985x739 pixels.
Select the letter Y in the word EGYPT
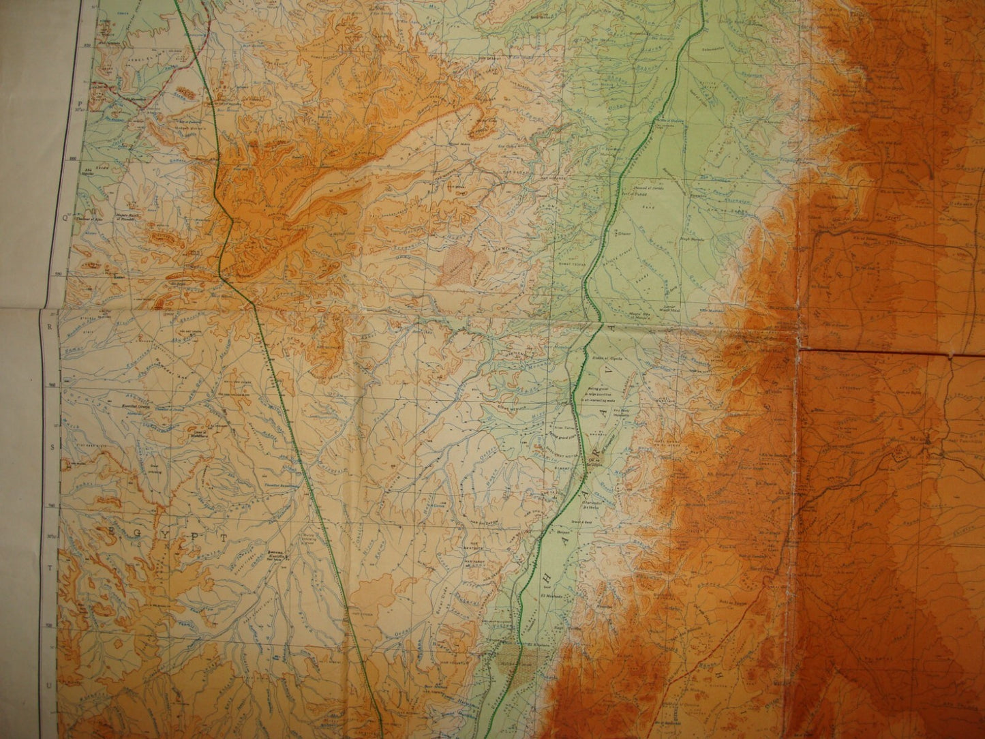(164, 534)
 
